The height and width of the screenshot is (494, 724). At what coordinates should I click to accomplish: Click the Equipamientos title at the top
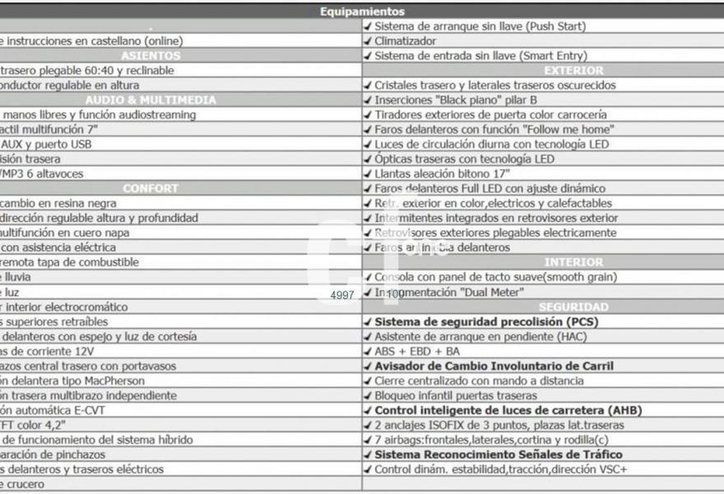362,12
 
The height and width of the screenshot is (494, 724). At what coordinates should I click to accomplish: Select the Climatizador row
406,40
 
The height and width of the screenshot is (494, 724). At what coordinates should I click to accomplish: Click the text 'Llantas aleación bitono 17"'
442,174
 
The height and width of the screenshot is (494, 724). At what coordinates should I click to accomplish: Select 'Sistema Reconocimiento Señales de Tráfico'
499,454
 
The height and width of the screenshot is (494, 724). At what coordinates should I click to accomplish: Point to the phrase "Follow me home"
568,129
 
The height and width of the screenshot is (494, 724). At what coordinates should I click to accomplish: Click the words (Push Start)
556,26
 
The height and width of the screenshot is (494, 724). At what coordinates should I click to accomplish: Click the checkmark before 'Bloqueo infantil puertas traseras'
368,395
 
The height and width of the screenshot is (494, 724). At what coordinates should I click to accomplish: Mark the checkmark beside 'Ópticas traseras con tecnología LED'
368,159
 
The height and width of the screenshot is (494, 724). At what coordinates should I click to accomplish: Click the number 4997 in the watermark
342,295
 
